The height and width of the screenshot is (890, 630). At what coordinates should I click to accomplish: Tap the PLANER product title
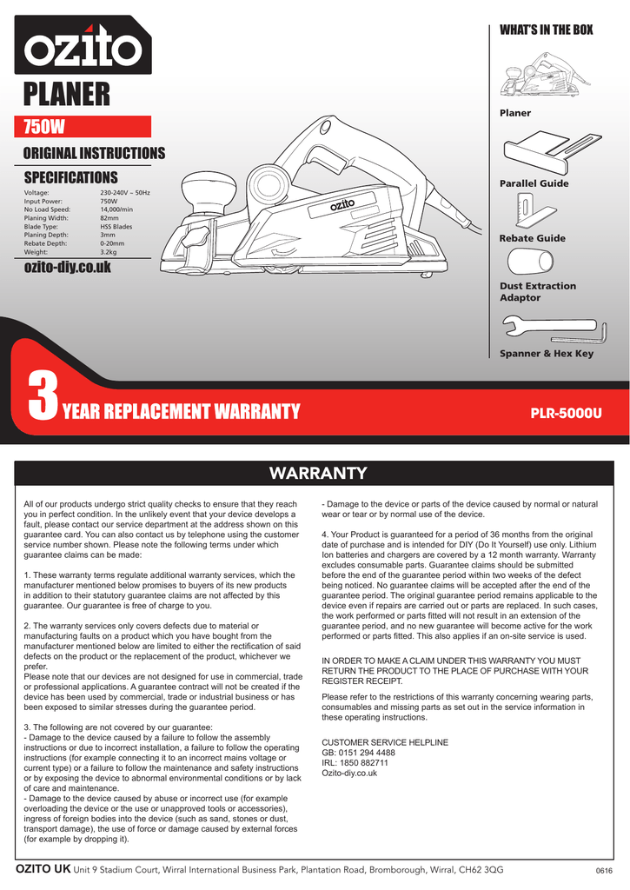point(66,94)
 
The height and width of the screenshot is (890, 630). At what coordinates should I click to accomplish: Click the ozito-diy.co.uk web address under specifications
point(67,268)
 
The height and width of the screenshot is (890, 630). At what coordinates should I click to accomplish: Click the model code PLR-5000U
point(566,412)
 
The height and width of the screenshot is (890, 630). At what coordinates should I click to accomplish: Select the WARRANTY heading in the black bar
point(318,474)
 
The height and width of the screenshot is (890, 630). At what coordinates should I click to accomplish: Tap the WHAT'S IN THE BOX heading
point(546,30)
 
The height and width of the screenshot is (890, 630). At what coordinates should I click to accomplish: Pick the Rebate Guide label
point(532,238)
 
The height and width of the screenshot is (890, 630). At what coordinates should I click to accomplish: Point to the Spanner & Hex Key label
point(546,354)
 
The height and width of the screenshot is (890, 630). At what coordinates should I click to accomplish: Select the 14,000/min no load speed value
point(116,209)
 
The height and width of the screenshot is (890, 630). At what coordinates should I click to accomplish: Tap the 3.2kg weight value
point(109,252)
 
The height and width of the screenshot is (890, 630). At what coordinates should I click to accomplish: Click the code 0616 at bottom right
point(604,871)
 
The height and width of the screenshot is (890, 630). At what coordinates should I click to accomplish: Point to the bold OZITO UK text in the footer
point(43,869)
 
